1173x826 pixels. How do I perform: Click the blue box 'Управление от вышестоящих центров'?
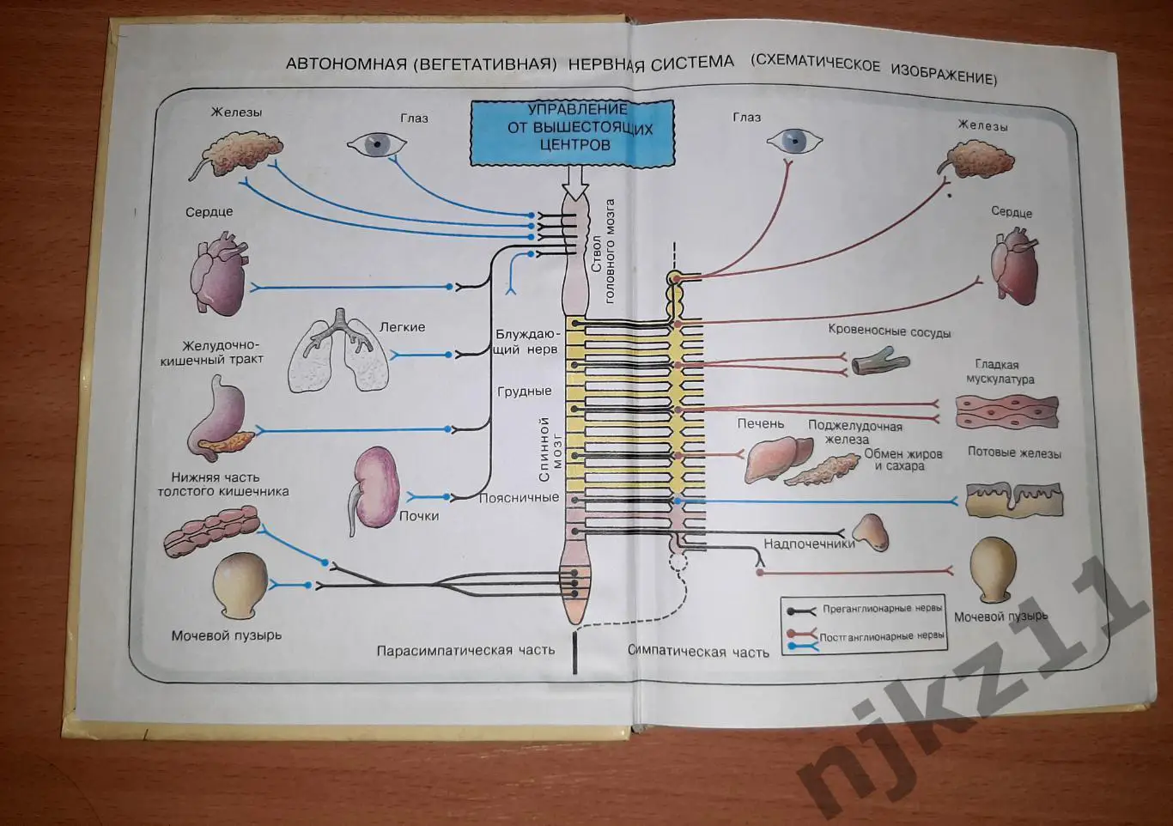click(572, 132)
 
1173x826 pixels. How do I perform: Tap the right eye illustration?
click(793, 140)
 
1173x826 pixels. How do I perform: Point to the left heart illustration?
click(217, 278)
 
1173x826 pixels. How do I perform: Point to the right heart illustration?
click(1014, 267)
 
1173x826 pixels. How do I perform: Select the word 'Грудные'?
click(524, 392)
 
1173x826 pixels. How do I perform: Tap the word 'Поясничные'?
click(519, 497)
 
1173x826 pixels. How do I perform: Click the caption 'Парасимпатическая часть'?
click(465, 650)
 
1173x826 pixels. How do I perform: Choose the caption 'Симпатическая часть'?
click(698, 652)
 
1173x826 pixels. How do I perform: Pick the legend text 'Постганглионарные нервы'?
click(882, 636)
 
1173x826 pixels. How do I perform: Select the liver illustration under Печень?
click(776, 456)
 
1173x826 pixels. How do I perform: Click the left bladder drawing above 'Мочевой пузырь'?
click(240, 584)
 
